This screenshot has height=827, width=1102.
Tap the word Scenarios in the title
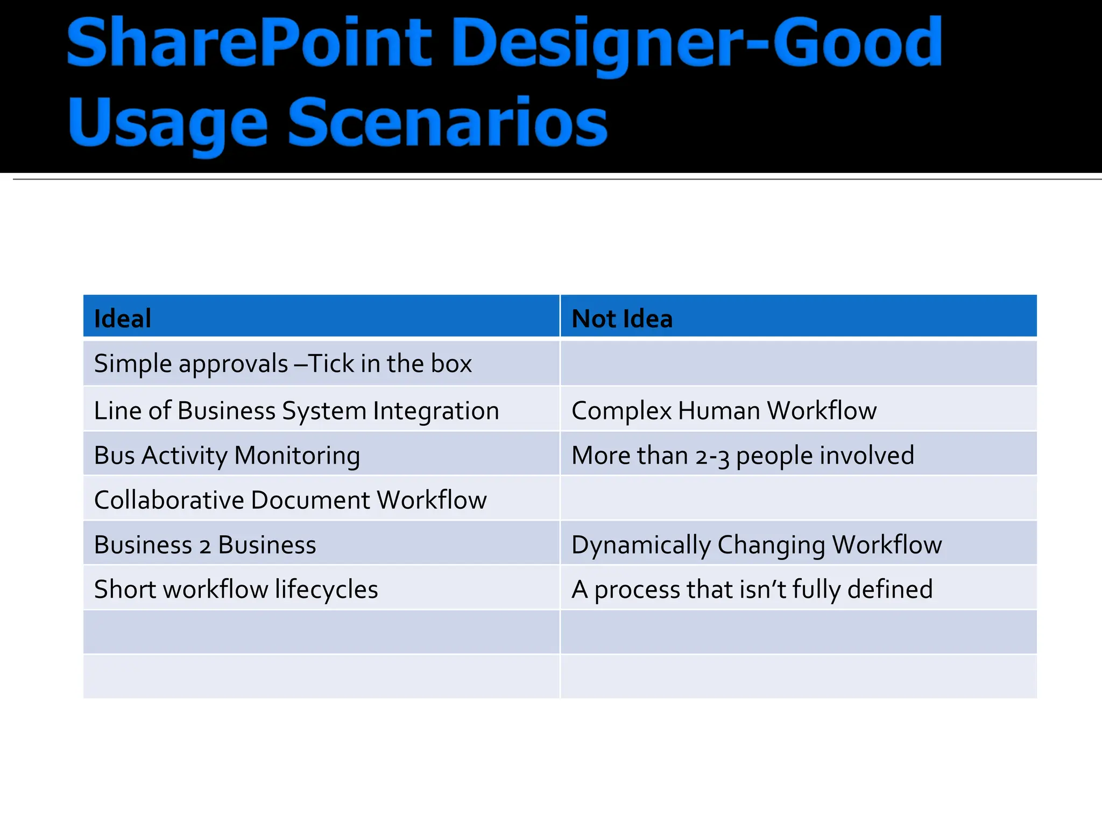click(448, 123)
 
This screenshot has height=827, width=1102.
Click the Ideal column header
click(123, 318)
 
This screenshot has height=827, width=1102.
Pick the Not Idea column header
click(621, 318)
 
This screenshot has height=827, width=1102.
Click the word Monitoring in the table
click(297, 455)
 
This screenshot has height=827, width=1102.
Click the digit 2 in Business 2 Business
click(205, 546)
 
